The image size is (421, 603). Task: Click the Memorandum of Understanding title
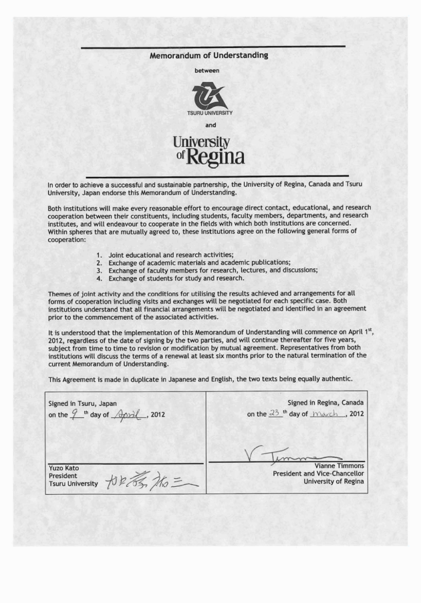tap(209, 55)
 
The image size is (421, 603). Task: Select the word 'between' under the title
tap(210, 70)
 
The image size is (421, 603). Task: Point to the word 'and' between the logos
tap(210, 125)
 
